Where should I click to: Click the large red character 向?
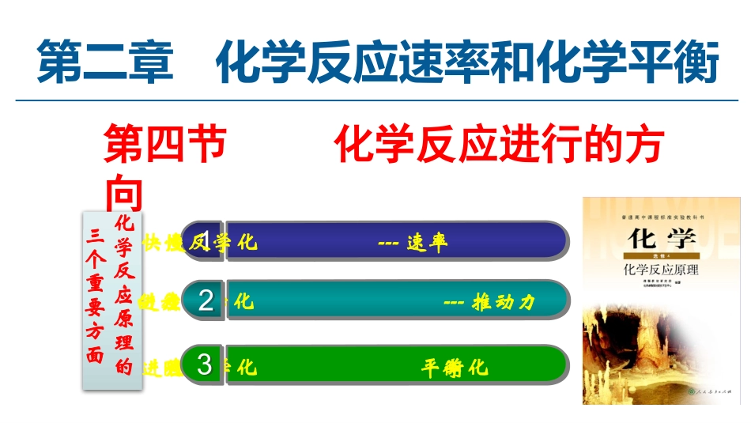click(x=124, y=193)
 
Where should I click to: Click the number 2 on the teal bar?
click(x=206, y=301)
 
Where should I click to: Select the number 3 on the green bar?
click(x=206, y=365)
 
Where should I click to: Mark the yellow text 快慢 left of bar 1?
click(x=161, y=242)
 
